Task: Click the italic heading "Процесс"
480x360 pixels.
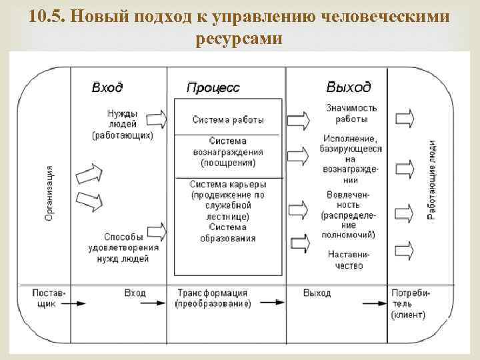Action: tap(213, 88)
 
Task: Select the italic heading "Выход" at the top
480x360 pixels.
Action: tap(349, 87)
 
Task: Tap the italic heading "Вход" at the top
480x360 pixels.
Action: tap(107, 87)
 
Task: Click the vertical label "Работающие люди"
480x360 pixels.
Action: tap(431, 180)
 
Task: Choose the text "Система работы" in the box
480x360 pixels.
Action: tap(228, 120)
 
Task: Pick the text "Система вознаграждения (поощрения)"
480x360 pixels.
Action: tap(227, 152)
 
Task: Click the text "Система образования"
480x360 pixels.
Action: tap(227, 233)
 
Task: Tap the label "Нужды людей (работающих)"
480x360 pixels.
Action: tap(123, 124)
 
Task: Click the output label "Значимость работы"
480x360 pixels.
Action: tap(351, 113)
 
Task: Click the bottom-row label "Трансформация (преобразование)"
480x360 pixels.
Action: tap(213, 298)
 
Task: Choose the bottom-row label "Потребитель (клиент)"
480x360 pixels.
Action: tap(410, 303)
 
